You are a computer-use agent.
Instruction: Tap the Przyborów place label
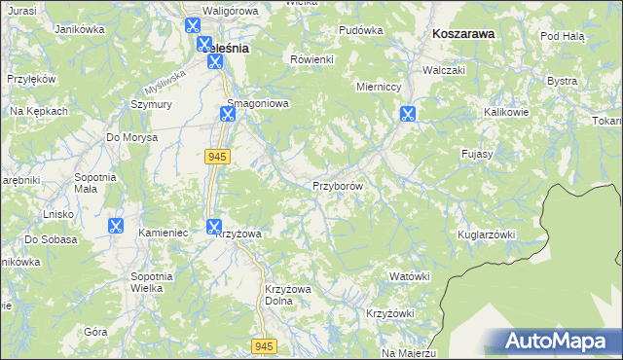pos(338,186)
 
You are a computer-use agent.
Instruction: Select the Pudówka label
pos(360,30)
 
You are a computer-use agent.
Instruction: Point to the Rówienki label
pos(312,59)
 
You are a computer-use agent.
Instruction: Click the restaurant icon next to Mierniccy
pos(407,114)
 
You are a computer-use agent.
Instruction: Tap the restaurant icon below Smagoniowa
pos(227,114)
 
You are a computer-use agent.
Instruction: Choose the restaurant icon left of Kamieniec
pos(116,226)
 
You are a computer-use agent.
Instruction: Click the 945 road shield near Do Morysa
pos(216,156)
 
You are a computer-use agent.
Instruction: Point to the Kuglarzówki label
pos(486,235)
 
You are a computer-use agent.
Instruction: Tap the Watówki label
pos(409,276)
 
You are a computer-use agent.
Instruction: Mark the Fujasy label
pos(479,154)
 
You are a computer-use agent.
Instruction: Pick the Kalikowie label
pos(506,113)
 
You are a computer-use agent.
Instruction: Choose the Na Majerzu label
pos(408,352)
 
